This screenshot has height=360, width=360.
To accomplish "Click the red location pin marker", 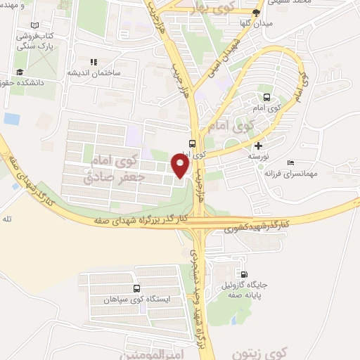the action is (181, 165).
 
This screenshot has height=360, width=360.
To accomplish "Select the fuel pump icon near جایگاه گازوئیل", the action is (244, 275).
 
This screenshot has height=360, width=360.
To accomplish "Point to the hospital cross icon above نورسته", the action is (259, 146).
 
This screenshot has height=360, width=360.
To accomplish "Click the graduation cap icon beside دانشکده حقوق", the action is (20, 72).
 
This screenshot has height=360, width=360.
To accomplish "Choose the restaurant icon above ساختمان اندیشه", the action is (93, 62).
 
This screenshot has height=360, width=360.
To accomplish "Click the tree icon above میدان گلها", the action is (256, 13).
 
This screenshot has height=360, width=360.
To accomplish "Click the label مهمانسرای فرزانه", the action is (307, 172).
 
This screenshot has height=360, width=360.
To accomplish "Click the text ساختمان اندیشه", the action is (94, 72).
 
